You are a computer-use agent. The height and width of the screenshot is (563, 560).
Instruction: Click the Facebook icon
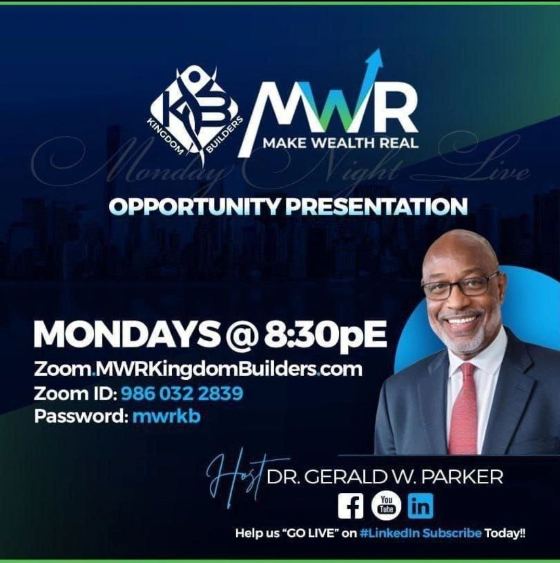(350, 506)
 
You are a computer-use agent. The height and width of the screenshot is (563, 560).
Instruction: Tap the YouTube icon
(387, 506)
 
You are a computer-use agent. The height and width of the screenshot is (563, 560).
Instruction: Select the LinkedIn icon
(421, 506)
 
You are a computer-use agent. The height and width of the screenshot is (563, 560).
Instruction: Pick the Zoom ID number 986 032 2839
(182, 393)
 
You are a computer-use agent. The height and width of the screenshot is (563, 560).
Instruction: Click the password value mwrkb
(167, 416)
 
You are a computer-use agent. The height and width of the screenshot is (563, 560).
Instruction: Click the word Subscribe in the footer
(452, 533)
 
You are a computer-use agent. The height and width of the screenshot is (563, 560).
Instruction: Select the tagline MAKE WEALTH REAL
(340, 144)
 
